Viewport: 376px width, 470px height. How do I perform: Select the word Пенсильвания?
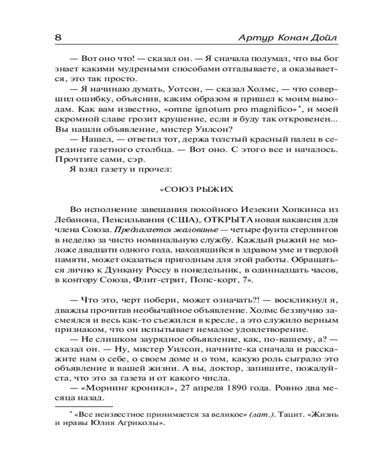(143, 220)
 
